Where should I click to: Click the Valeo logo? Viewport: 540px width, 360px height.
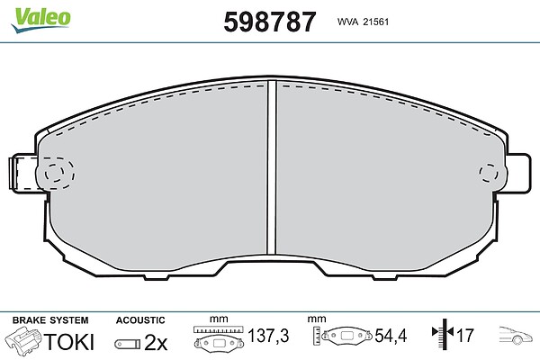[41, 19]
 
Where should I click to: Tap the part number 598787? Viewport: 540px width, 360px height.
[270, 22]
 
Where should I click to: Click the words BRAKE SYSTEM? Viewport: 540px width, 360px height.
[50, 320]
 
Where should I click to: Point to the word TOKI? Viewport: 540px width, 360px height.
[69, 341]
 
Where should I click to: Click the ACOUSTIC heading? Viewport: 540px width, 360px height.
[140, 320]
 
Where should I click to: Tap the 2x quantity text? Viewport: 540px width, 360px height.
[156, 342]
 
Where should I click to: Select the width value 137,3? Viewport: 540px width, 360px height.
[268, 335]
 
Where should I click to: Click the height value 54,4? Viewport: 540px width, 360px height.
[391, 335]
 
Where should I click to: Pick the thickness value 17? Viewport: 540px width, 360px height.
[465, 335]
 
